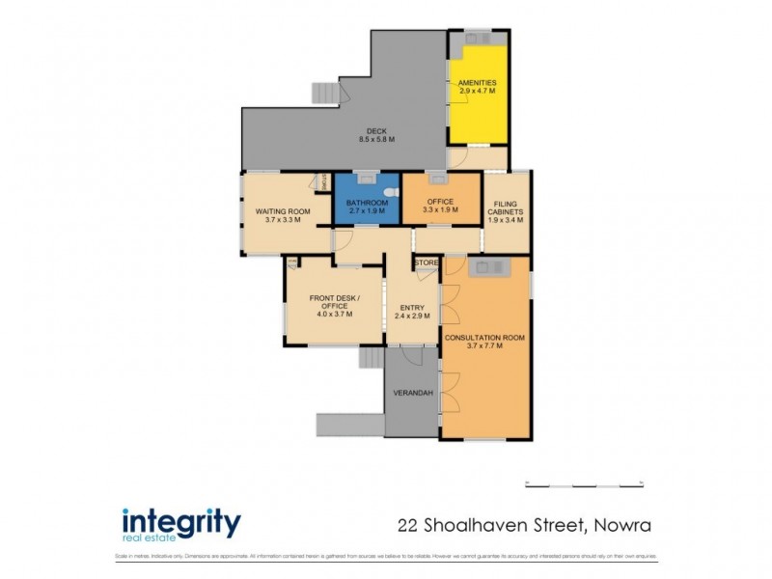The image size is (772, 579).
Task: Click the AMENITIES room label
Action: tap(477, 84)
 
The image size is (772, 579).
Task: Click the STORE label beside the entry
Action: tap(427, 262)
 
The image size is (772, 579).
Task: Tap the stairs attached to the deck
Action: tap(326, 93)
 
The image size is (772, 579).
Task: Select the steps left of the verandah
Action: tap(371, 358)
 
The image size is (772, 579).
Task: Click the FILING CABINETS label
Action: tap(506, 211)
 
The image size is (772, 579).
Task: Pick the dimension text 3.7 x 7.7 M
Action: tap(484, 346)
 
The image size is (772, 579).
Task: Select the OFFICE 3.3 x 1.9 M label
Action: tap(440, 205)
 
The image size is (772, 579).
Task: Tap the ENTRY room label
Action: tap(412, 308)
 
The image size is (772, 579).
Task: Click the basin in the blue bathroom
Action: tap(367, 178)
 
